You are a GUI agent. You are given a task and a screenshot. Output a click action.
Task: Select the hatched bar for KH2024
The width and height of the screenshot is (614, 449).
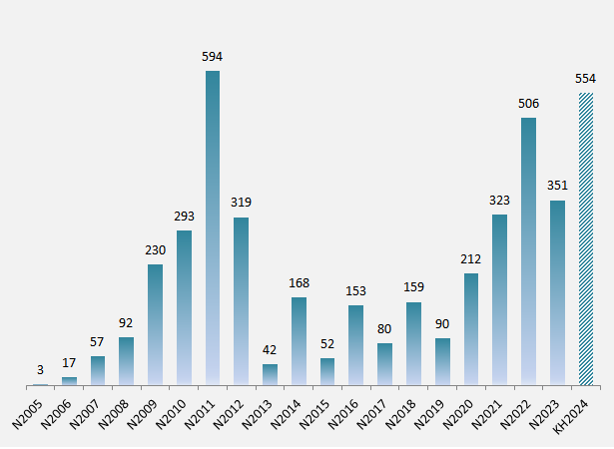[586, 238]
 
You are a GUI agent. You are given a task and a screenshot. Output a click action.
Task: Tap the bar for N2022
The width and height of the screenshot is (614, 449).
[528, 250]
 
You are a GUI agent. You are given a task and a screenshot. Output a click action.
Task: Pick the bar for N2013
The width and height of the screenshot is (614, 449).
[270, 374]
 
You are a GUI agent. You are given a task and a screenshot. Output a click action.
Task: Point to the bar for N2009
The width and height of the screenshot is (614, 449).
[155, 324]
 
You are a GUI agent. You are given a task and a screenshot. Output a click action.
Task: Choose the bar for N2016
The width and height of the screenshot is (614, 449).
[356, 344]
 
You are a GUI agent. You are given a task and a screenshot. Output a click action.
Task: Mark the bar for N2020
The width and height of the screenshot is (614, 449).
[471, 328]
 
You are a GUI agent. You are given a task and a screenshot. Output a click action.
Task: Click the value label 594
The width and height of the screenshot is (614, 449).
[212, 56]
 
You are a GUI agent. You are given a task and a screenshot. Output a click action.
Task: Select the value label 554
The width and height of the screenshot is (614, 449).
[586, 78]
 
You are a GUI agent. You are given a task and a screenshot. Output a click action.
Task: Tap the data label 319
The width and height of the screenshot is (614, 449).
[241, 202]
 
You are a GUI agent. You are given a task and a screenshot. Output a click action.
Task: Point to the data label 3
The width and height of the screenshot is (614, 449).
[40, 369]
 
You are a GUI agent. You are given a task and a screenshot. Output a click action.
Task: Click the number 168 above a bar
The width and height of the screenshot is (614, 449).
[299, 282]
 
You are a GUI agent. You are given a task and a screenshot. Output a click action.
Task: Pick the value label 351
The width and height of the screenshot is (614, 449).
[557, 185]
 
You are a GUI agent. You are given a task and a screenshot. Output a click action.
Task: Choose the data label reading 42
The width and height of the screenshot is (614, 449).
[270, 349]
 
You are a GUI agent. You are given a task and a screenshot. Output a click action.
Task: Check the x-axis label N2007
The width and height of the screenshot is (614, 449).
[87, 412]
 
